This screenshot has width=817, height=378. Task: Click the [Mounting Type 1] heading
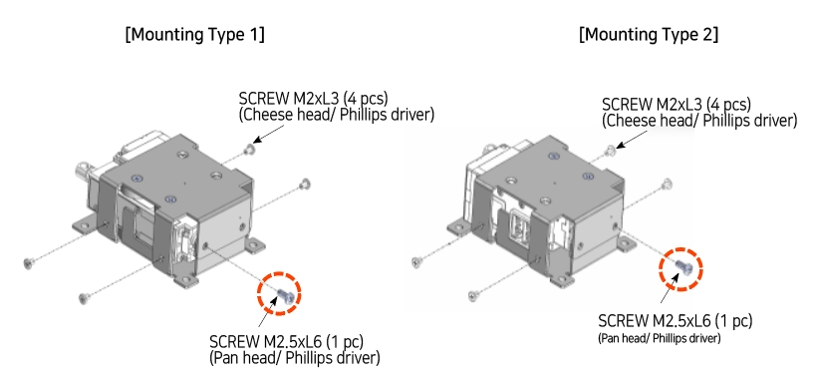(x=194, y=35)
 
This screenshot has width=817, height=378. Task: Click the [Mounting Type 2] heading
(x=649, y=35)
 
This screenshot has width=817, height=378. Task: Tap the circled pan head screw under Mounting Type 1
(x=281, y=294)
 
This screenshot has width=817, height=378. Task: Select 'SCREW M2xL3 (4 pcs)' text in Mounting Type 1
(x=313, y=99)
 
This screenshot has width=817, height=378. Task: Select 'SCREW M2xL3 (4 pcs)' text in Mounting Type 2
(x=677, y=104)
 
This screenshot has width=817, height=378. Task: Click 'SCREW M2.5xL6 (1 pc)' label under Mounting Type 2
(x=675, y=321)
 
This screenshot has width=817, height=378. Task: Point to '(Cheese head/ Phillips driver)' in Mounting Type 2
(x=699, y=121)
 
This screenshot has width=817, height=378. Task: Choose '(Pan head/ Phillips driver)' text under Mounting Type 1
(x=295, y=357)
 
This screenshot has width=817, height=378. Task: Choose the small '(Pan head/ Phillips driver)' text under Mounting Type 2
(x=659, y=339)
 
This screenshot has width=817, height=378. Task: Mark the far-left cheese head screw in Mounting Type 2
(x=415, y=262)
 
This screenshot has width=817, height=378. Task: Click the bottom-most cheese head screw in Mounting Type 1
(x=83, y=295)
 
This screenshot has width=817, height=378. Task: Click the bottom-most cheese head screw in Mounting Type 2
(x=472, y=293)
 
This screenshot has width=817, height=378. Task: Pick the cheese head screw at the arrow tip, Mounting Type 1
(x=247, y=149)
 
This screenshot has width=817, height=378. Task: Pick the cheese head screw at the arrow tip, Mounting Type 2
(x=610, y=150)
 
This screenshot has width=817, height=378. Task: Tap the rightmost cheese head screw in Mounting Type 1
(x=305, y=183)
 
